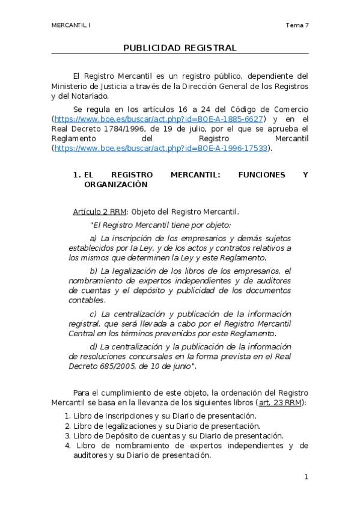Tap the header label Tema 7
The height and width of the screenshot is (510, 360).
click(297, 25)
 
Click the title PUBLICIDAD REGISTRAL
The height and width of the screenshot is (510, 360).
click(180, 48)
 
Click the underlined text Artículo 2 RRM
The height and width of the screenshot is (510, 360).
click(100, 212)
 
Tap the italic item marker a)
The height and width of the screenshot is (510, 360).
click(94, 238)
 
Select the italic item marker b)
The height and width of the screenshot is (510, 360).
click(94, 271)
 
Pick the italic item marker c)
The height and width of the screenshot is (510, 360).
click(94, 314)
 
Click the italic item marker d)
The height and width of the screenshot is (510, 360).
click(94, 346)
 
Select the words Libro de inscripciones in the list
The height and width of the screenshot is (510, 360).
click(108, 416)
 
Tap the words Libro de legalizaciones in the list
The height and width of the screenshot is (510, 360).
click(110, 426)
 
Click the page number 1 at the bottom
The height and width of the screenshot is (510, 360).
click(306, 477)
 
